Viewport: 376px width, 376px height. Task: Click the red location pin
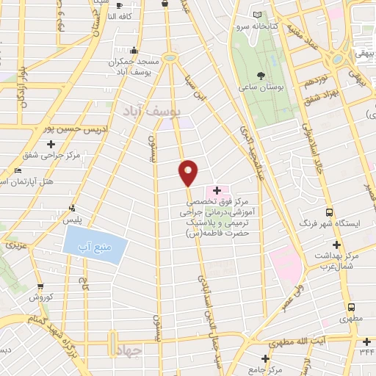(x=189, y=172)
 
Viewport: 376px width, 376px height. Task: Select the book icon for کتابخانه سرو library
(x=256, y=14)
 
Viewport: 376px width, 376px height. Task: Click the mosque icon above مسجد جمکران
(x=133, y=51)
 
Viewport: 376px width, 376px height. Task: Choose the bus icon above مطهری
(x=352, y=306)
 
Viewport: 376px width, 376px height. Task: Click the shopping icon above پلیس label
(x=72, y=207)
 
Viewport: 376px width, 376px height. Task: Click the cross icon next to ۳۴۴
(x=366, y=340)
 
